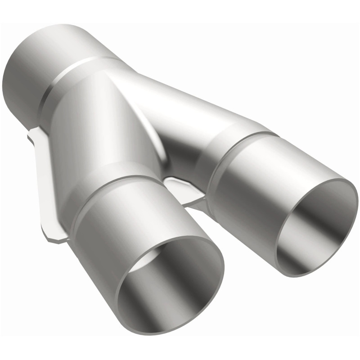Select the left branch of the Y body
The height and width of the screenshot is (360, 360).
[x=90, y=135]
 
